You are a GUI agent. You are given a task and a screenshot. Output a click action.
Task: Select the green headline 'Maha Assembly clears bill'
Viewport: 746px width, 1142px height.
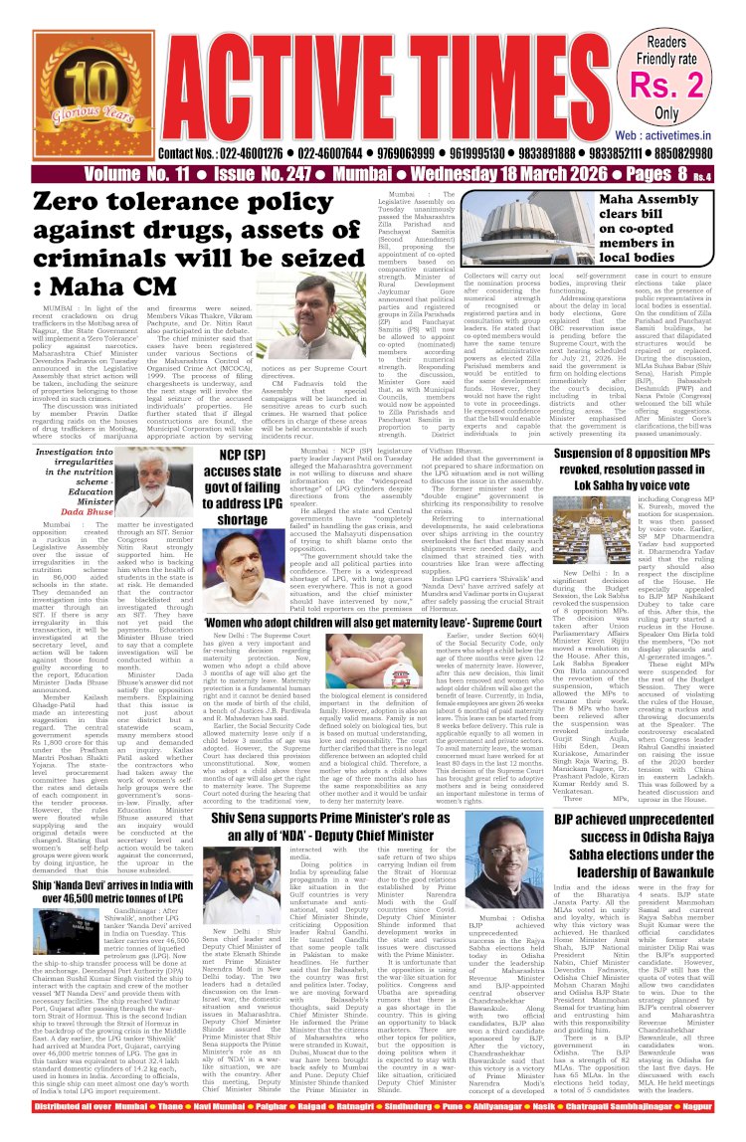(675, 230)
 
